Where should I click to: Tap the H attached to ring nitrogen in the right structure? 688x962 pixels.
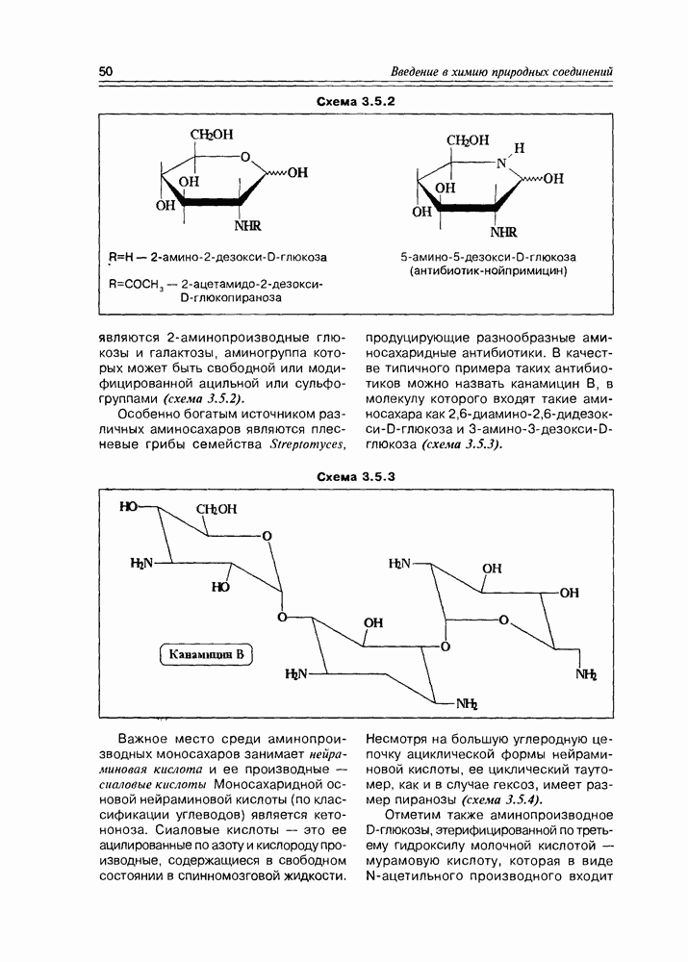(520, 148)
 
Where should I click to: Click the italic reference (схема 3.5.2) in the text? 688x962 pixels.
(204, 397)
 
